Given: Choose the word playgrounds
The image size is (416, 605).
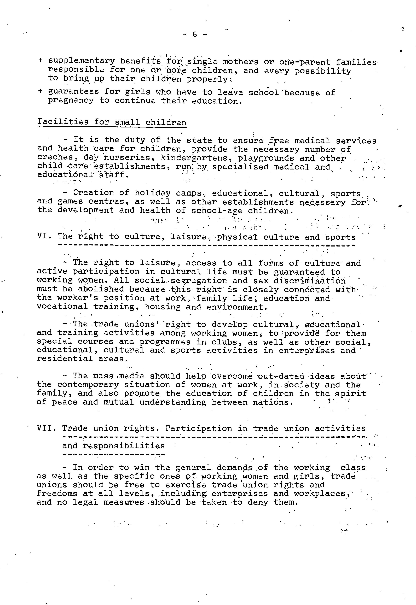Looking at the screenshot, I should (266, 158).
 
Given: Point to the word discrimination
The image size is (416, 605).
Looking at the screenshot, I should (309, 281).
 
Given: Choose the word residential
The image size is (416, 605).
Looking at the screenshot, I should (65, 359).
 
